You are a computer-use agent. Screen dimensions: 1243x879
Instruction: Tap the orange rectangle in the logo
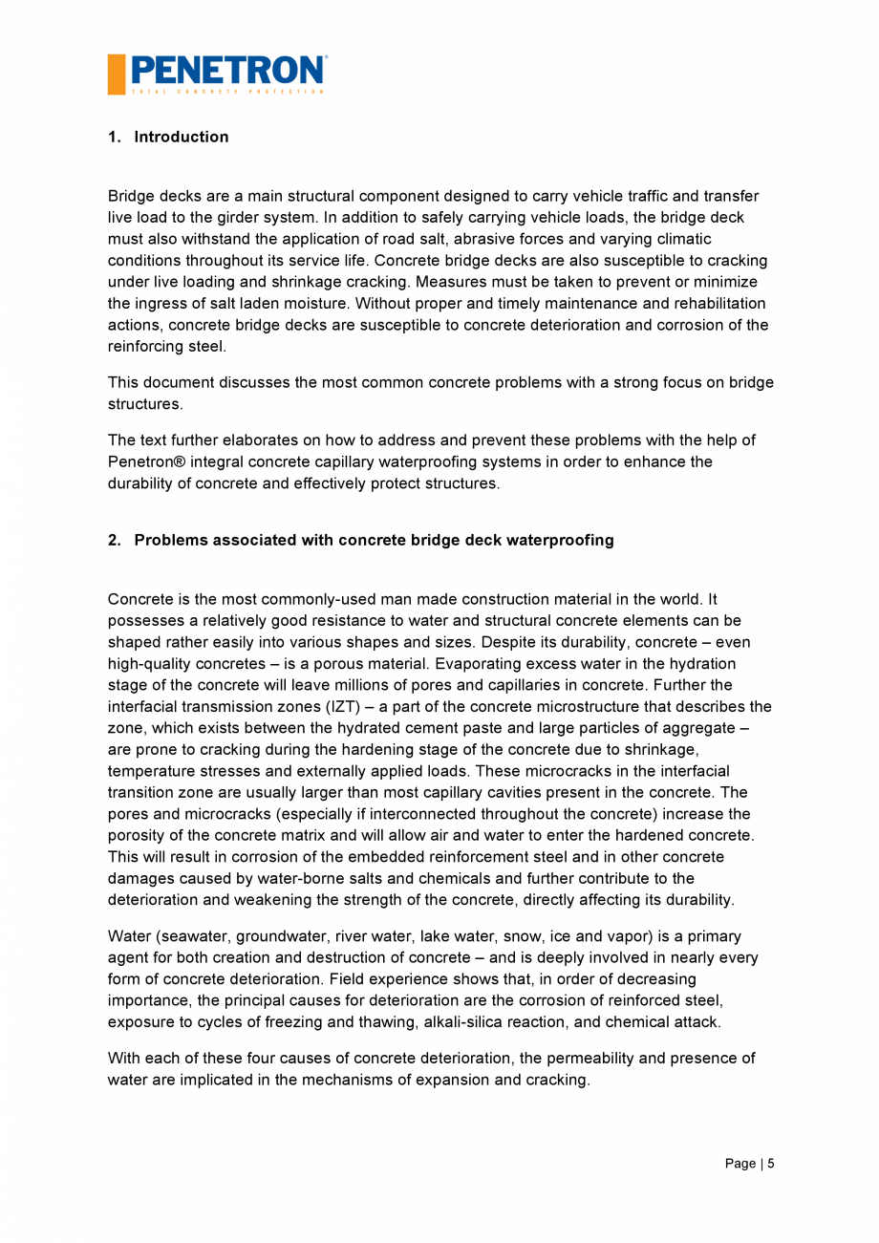[x=117, y=75]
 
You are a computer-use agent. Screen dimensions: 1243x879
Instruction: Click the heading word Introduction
[x=182, y=137]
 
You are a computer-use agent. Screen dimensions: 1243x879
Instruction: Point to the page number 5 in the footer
[x=770, y=1163]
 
